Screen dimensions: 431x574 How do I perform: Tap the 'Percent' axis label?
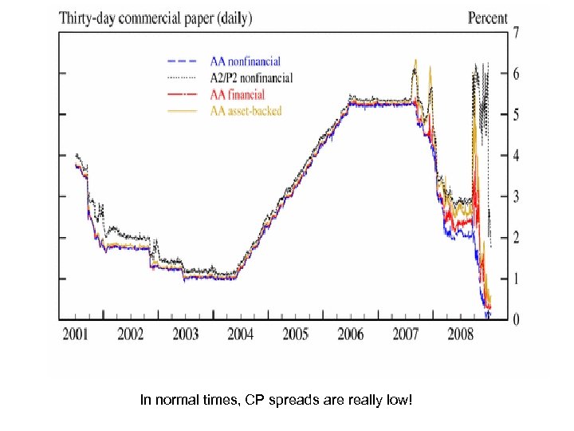[x=487, y=18]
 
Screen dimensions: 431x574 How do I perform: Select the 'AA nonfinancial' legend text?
[x=246, y=61]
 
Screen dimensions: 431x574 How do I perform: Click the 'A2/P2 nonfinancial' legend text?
[x=251, y=77]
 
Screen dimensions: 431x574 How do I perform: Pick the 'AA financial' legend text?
[x=237, y=94]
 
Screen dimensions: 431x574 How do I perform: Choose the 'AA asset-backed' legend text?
[x=246, y=111]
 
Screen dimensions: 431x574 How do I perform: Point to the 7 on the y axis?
[x=517, y=34]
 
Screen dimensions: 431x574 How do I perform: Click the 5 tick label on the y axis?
[x=517, y=116]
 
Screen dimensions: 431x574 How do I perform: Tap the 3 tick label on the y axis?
[x=517, y=197]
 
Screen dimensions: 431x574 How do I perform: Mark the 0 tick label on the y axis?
[x=517, y=319]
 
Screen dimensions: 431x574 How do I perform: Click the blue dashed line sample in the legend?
[x=182, y=61]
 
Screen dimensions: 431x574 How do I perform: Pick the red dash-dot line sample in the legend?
[x=182, y=94]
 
